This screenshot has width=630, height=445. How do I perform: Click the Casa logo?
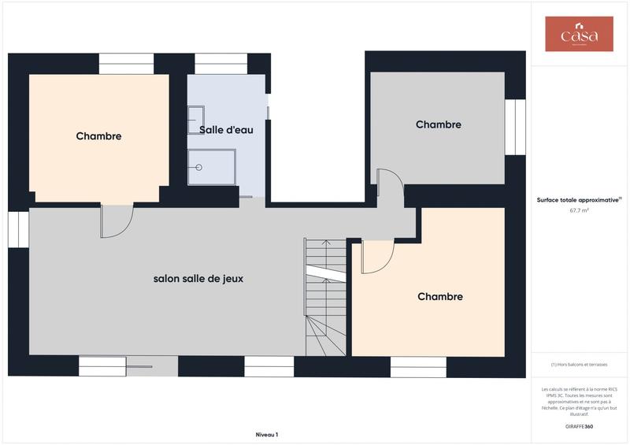tap(579, 34)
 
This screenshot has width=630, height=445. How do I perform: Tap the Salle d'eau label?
tap(225, 129)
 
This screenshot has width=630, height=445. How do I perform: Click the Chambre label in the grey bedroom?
tap(438, 124)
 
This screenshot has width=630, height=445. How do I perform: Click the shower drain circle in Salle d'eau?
tap(199, 168)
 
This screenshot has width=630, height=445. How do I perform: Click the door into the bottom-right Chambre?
tap(376, 257)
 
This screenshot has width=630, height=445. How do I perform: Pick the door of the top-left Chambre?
tap(117, 221)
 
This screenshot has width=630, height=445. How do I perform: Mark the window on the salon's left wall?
tap(18, 228)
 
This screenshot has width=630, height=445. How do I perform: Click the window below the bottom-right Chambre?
tap(418, 367)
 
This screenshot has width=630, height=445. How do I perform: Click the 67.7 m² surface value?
tap(579, 211)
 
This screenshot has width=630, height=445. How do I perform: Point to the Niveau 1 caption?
tap(267, 434)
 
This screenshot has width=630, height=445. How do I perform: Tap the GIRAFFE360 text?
tap(579, 425)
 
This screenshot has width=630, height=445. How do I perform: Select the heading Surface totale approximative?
tap(578, 200)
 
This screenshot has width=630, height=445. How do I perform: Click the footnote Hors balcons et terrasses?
tap(579, 365)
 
